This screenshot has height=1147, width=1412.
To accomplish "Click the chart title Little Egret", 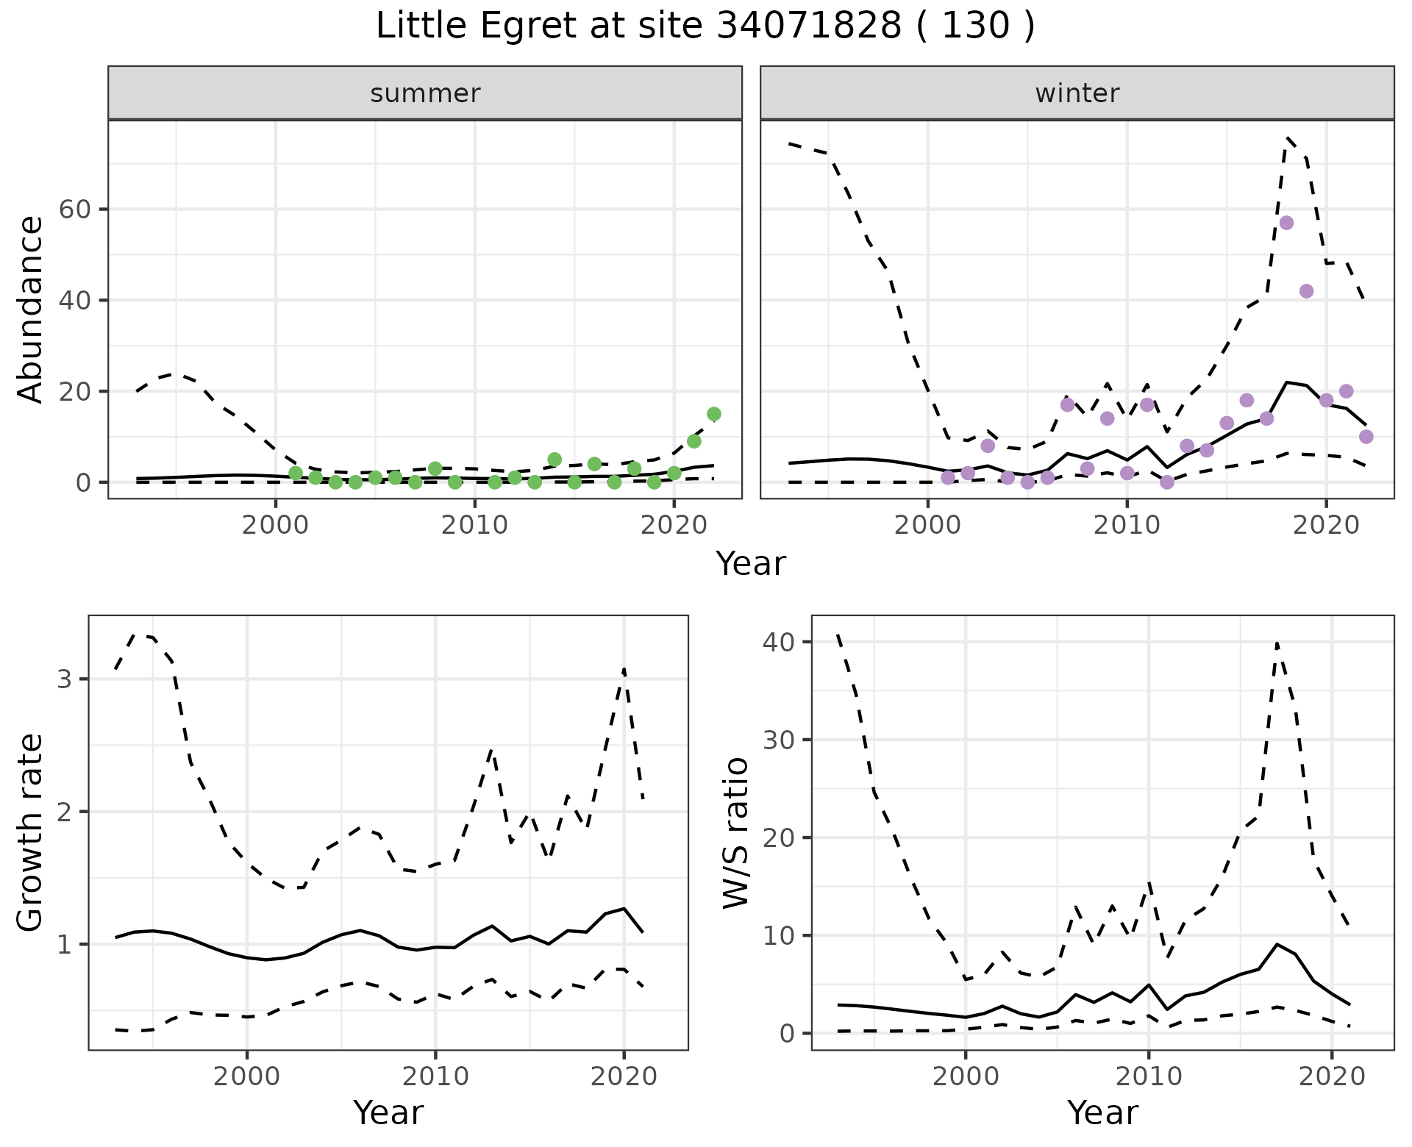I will click(705, 26).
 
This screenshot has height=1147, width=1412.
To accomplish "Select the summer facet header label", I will click(424, 93).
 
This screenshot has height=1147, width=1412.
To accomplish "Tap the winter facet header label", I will click(1077, 93).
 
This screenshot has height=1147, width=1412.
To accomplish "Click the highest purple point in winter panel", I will click(1286, 223).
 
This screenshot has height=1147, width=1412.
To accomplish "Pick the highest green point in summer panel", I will click(713, 414).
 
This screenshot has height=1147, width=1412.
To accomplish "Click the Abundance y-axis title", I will click(31, 309).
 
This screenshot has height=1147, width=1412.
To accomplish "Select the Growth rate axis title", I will click(31, 833).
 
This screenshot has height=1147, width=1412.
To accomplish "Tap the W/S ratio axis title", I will click(736, 833).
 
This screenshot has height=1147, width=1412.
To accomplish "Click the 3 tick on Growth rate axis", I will click(64, 679).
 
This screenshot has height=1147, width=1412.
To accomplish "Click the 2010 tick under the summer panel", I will click(474, 526).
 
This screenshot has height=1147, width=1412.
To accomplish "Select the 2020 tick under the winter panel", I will click(1325, 526).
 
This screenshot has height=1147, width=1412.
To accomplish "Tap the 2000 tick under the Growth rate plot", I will click(246, 1077).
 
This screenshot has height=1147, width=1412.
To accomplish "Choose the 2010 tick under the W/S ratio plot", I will click(1148, 1077).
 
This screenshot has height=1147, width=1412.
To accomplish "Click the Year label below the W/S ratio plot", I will click(1102, 1112).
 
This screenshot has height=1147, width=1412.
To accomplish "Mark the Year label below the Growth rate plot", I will click(388, 1112).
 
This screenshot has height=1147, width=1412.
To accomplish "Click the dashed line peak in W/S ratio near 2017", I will click(1277, 643).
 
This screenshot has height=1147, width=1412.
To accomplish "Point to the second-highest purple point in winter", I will click(1306, 291).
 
